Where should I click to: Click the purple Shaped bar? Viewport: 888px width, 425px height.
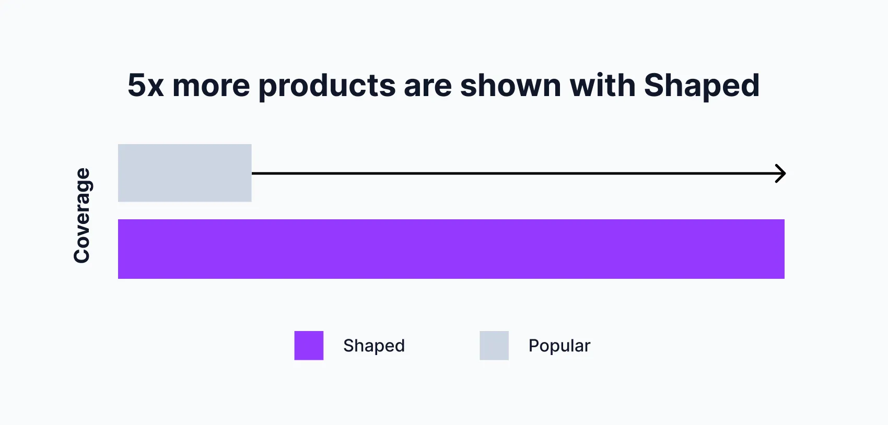click(x=451, y=249)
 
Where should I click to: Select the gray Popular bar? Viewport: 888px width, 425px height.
click(x=184, y=173)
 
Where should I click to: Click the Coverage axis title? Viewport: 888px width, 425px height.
click(x=82, y=215)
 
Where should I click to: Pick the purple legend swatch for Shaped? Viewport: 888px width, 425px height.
click(x=309, y=346)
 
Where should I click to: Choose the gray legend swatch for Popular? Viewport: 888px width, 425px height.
click(x=494, y=346)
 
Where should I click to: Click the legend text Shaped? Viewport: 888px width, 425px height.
click(x=374, y=346)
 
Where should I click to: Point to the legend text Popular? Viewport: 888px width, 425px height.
click(x=559, y=346)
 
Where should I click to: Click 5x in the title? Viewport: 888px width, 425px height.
click(x=146, y=86)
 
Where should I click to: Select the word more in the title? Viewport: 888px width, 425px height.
click(x=211, y=86)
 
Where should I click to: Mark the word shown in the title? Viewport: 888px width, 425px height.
click(x=510, y=86)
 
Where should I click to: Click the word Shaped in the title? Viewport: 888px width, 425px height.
click(x=702, y=86)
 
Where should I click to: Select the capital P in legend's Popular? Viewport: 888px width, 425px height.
click(x=534, y=346)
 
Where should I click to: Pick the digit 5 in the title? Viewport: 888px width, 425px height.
click(x=136, y=86)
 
